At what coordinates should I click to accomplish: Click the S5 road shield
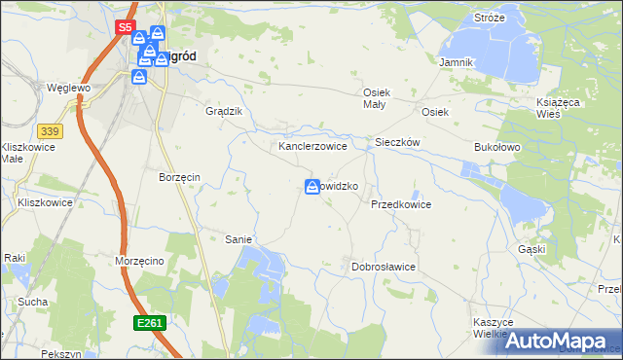click(125, 28)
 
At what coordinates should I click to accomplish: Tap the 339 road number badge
click(51, 130)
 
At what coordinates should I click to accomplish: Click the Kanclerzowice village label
click(313, 146)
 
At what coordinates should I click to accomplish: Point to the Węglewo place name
click(69, 88)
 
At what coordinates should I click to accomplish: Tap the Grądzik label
click(223, 111)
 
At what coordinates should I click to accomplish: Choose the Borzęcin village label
click(179, 177)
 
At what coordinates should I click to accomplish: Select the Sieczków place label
click(397, 142)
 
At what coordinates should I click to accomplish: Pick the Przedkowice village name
click(400, 205)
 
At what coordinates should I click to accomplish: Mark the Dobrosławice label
click(384, 267)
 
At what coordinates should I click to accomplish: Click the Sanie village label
click(238, 239)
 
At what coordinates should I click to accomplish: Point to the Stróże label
click(489, 18)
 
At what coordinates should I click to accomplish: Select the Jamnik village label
click(456, 62)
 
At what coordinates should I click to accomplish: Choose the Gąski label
click(559, 249)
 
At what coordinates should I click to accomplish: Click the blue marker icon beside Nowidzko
click(313, 186)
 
